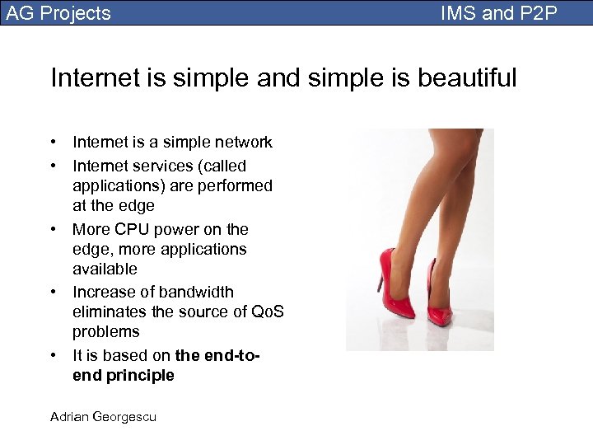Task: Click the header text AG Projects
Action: pyautogui.click(x=58, y=13)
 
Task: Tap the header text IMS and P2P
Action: pyautogui.click(x=498, y=13)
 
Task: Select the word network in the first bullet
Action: pyautogui.click(x=240, y=143)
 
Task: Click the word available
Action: pyautogui.click(x=105, y=269)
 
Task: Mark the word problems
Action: pyautogui.click(x=106, y=332)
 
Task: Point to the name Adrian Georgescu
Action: pyautogui.click(x=103, y=417)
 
